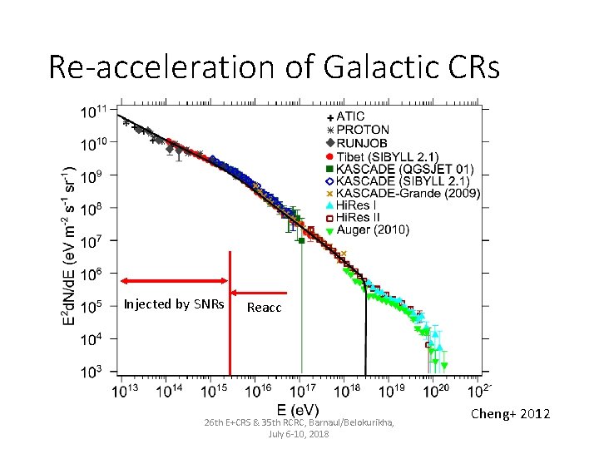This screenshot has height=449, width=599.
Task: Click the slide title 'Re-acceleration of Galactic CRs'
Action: (275, 67)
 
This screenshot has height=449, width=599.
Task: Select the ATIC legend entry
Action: (350, 117)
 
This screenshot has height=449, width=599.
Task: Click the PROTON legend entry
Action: (356, 130)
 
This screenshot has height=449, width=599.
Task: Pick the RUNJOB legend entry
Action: (359, 142)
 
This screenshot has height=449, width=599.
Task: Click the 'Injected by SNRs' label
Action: (174, 304)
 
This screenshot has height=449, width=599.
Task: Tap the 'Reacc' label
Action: (265, 308)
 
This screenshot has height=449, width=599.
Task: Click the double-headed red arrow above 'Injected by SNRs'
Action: (174, 281)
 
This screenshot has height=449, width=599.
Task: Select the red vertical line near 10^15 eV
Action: (230, 333)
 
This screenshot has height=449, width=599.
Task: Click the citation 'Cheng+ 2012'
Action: (510, 414)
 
